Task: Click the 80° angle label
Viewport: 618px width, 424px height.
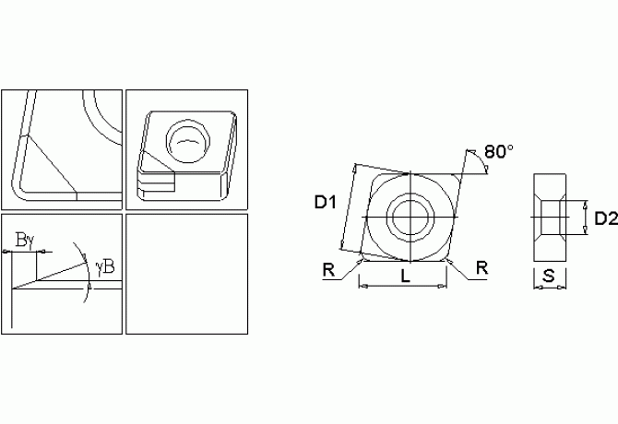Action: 498,152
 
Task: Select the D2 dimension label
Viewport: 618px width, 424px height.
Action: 605,218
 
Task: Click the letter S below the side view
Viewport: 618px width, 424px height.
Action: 549,276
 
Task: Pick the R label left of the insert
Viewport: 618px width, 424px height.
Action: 328,269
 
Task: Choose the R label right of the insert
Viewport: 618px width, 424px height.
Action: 481,267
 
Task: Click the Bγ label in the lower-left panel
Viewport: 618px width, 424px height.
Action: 25,241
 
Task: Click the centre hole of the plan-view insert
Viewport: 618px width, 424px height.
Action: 407,218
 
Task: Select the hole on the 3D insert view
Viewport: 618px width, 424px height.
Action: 187,139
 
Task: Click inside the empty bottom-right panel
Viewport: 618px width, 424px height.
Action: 186,274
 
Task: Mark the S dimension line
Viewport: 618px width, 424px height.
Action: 550,288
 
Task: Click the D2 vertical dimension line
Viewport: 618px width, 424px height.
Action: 587,218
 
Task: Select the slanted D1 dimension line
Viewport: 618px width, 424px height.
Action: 348,207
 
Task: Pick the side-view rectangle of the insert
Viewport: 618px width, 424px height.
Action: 550,218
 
